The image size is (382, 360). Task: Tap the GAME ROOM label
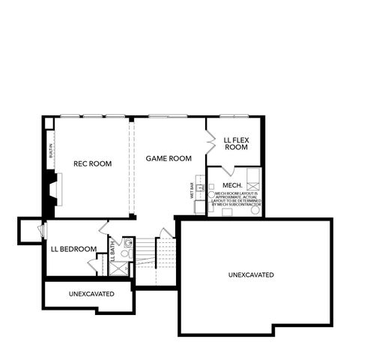pyautogui.click(x=169, y=158)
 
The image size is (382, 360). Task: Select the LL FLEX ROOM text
pyautogui.click(x=236, y=143)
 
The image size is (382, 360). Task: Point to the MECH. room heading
pyautogui.click(x=231, y=185)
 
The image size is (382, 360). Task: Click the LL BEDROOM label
pyautogui.click(x=73, y=249)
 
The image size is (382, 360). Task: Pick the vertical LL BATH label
pyautogui.click(x=113, y=248)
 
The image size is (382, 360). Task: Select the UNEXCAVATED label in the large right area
pyautogui.click(x=251, y=275)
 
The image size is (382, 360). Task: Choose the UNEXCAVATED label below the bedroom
pyautogui.click(x=91, y=293)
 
